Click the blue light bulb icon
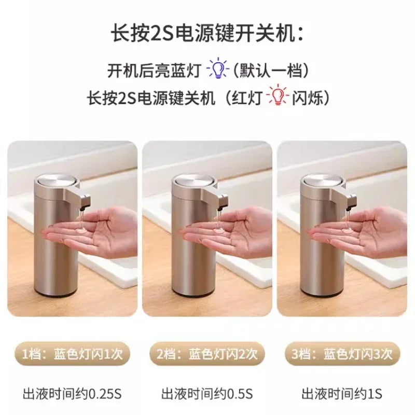point(218,69)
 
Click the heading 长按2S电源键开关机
point(206,35)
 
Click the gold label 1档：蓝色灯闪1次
point(73,354)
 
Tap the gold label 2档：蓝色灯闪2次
point(207,354)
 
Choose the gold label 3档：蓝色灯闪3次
point(342,354)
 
